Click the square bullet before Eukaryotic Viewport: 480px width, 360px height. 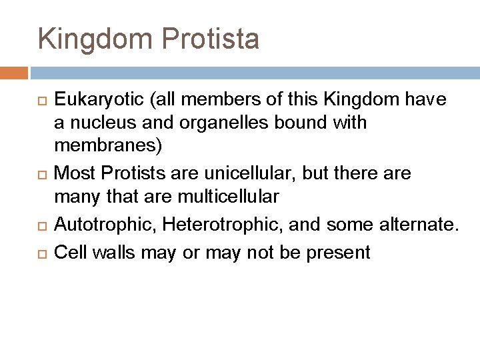point(43,101)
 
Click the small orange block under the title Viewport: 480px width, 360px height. point(14,72)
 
